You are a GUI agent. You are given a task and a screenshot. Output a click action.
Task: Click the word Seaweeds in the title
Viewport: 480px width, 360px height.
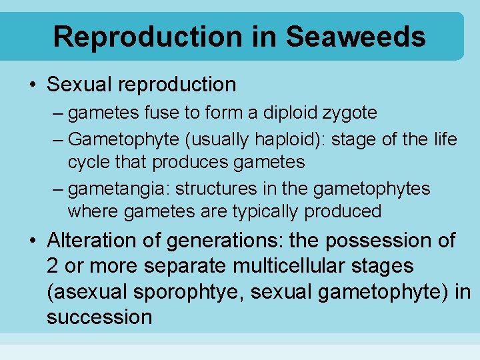point(356,37)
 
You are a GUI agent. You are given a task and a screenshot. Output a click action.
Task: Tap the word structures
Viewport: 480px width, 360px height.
point(198,189)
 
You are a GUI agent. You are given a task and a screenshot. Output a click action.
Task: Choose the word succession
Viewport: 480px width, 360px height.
point(99,317)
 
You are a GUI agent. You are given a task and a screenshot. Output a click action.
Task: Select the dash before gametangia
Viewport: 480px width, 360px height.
point(59,189)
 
